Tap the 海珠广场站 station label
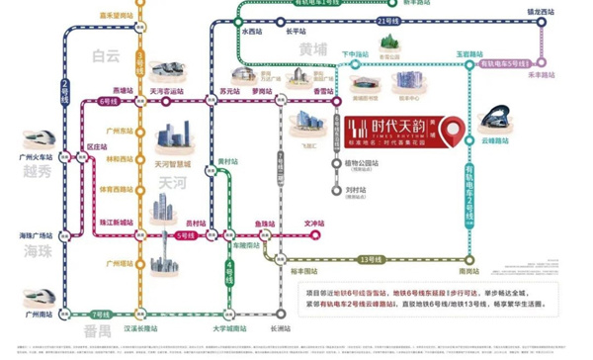click(x=36, y=236)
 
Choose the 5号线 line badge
click(x=186, y=235)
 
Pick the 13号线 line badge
click(x=370, y=259)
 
